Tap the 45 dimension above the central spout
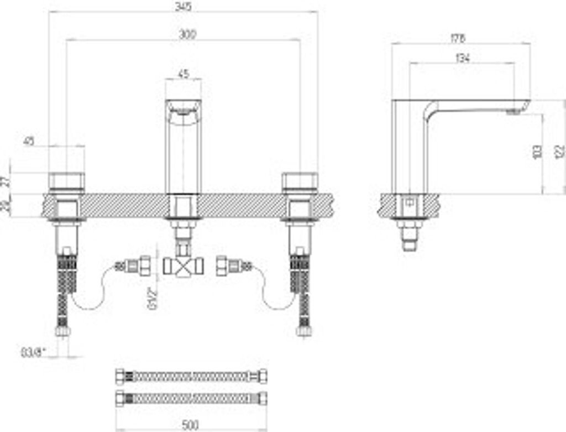click(183, 73)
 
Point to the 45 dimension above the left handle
click(29, 141)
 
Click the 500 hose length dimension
click(190, 425)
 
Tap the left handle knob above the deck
click(67, 181)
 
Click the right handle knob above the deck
click(300, 181)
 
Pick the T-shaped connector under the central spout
click(183, 267)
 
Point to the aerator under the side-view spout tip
click(513, 112)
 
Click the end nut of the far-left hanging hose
click(62, 331)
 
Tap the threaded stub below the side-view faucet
click(410, 242)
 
